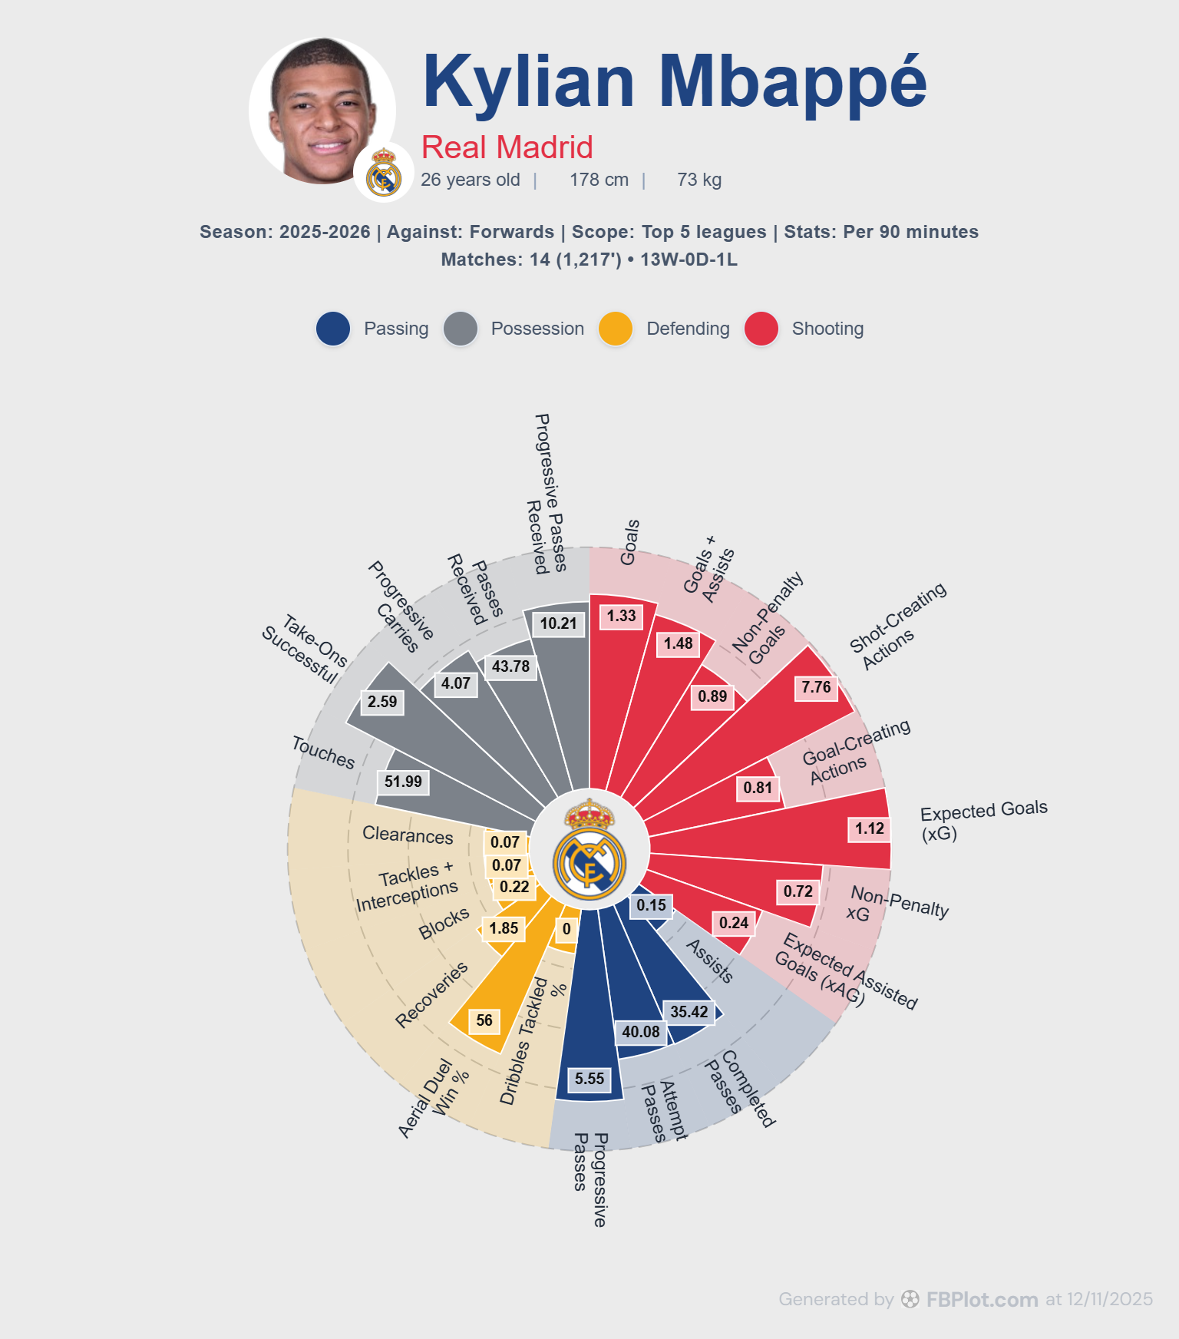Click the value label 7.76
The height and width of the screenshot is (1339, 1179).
817,687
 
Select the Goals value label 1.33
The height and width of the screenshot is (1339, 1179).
622,616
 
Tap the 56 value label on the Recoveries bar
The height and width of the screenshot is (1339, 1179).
484,1020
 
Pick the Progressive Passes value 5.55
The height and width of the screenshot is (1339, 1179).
589,1079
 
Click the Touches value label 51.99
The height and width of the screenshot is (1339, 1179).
403,782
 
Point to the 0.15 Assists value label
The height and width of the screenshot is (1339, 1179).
652,905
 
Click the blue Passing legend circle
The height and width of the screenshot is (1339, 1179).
333,329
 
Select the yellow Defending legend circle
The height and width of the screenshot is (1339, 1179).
616,329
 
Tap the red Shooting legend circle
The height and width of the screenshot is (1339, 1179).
761,329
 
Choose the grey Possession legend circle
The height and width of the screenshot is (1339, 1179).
461,329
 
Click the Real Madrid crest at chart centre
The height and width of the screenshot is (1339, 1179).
589,849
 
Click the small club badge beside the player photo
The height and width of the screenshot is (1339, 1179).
384,172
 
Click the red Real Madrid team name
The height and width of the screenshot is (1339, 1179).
507,147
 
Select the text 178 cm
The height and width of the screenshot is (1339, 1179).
599,180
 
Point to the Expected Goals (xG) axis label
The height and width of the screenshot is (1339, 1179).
984,821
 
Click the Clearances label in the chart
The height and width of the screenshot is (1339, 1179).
408,835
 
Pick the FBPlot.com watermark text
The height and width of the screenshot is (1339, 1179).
982,1299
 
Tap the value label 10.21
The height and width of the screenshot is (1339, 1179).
558,623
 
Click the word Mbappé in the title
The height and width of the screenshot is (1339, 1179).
793,83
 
